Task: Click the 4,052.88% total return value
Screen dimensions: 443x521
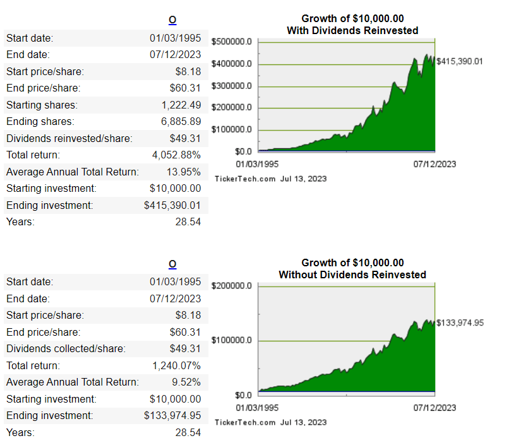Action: coord(177,155)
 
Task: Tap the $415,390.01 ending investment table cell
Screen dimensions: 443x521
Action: coord(172,205)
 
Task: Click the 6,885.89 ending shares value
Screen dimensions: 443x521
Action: coord(181,121)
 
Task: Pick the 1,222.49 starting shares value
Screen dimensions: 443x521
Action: coord(181,105)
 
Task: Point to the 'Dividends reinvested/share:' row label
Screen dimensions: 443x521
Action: coord(69,138)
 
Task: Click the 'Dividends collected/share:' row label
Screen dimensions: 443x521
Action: coord(66,348)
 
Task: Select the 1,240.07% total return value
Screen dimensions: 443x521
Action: coord(177,365)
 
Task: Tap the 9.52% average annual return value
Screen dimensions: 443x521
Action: coord(188,382)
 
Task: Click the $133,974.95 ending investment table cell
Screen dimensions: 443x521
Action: coord(172,415)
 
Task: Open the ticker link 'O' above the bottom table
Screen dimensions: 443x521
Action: coord(172,264)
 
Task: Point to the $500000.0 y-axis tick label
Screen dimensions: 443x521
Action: coord(231,42)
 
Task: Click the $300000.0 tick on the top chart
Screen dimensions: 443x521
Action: coord(231,86)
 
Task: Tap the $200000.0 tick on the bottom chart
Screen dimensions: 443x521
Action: coord(231,286)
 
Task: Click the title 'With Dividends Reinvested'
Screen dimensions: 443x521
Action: coord(352,30)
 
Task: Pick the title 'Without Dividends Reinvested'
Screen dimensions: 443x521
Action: coord(352,275)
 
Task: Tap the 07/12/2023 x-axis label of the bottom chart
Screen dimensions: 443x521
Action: coord(434,408)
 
